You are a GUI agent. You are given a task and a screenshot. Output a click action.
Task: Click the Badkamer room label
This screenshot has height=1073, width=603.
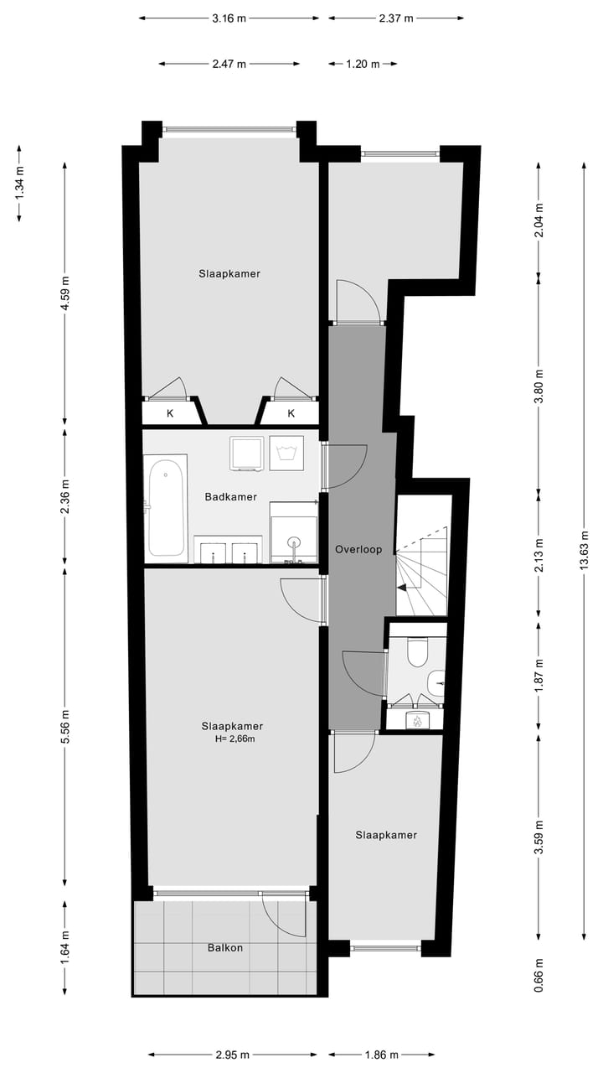230,496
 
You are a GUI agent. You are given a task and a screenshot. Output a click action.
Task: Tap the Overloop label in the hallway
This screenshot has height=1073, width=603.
358,550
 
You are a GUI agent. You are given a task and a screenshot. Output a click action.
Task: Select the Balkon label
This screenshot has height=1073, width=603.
225,947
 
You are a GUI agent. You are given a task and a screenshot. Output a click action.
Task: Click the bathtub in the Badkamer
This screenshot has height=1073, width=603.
166,508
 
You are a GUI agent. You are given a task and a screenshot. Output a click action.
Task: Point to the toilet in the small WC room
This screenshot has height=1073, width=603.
416,651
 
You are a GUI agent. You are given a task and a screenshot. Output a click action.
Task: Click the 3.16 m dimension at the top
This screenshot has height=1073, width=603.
229,18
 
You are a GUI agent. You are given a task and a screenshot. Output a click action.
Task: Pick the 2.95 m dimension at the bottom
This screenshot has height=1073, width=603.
232,1055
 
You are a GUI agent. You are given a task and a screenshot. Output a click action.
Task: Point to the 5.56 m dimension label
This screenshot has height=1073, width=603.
66,726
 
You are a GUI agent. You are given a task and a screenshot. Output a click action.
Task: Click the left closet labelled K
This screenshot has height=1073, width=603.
170,413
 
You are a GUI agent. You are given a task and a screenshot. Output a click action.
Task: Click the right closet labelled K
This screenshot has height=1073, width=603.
291,413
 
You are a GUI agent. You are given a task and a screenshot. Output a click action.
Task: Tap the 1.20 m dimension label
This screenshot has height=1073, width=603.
363,64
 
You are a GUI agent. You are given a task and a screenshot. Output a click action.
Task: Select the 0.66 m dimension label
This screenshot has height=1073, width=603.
539,974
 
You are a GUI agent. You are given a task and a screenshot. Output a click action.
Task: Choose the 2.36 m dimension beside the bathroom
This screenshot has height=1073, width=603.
66,496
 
